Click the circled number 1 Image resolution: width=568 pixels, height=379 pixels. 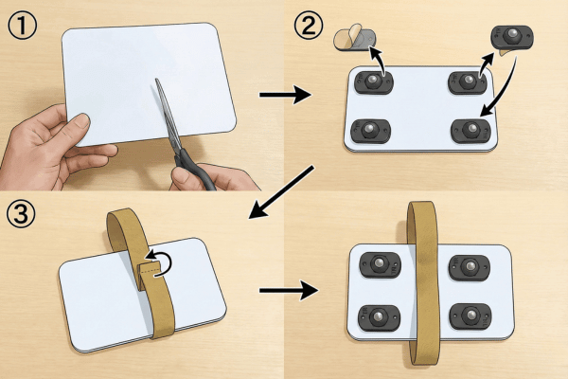[22, 25]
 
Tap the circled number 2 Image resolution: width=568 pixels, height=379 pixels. [309, 25]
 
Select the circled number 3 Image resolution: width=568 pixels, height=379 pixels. [21, 214]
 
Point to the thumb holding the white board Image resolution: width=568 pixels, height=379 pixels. [77, 126]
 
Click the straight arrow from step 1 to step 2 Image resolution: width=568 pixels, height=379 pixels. [285, 95]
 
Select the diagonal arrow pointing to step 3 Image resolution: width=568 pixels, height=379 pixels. [281, 192]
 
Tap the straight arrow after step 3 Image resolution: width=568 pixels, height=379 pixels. [289, 290]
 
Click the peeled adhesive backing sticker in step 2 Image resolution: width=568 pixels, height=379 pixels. [355, 38]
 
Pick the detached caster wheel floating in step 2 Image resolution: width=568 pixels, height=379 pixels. [512, 37]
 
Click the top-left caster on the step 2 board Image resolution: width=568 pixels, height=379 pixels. [374, 82]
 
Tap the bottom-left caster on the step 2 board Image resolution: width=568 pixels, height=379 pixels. [370, 131]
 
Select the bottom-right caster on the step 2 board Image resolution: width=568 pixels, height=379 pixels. [470, 131]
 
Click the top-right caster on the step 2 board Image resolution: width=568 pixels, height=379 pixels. [468, 82]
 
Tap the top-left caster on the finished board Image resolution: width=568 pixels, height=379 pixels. [380, 265]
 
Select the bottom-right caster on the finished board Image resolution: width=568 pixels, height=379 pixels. [470, 316]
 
